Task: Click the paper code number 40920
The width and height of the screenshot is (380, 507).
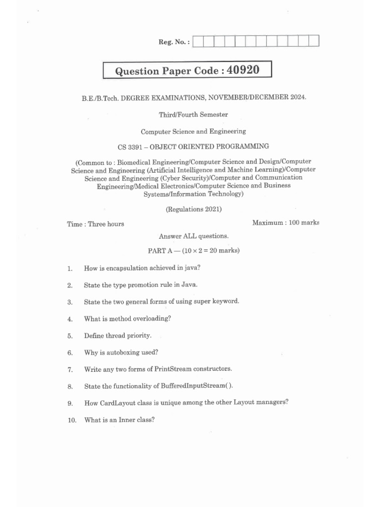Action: [x=243, y=70]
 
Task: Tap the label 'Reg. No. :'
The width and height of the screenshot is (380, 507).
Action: [x=174, y=42]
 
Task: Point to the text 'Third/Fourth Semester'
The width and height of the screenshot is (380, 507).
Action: [x=193, y=114]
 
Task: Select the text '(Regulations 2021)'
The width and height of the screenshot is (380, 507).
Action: [x=193, y=209]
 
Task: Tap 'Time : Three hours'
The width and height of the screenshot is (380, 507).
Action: [x=95, y=224]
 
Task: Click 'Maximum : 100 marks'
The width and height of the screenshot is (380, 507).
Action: [x=285, y=223]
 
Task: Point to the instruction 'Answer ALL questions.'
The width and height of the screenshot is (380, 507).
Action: [x=193, y=236]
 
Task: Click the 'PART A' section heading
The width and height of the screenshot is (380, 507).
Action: [x=159, y=251]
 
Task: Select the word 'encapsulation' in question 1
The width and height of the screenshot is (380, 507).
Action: [x=123, y=268]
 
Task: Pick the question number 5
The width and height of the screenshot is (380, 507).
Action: [x=70, y=336]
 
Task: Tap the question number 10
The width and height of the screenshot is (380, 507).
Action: [x=72, y=420]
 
